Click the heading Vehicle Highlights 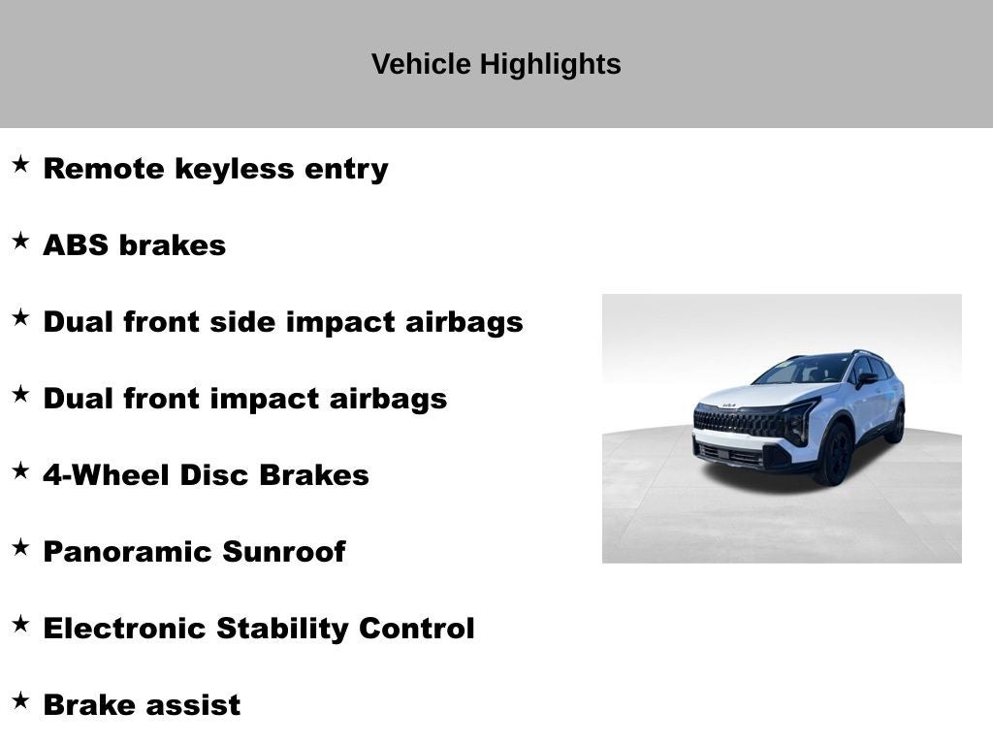tap(496, 65)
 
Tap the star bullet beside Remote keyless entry tap(20, 164)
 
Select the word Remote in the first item tap(105, 169)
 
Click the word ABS tap(77, 245)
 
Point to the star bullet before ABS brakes tap(20, 241)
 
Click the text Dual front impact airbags tap(244, 399)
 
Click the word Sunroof tap(283, 552)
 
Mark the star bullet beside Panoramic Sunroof tap(20, 547)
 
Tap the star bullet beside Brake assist tap(20, 700)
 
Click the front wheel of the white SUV tap(835, 453)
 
